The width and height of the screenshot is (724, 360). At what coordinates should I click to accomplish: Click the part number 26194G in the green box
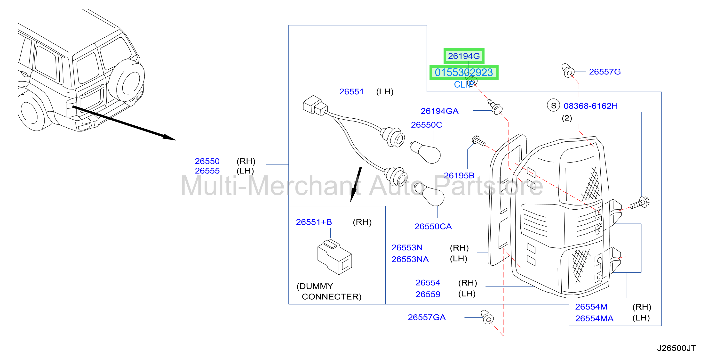(464, 56)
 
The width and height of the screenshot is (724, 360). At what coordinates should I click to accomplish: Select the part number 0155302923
(464, 73)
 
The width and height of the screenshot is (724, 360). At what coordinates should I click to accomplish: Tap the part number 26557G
(605, 72)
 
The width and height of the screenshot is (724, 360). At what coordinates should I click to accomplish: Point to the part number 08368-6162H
(590, 106)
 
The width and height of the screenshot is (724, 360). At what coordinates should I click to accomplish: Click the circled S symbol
(553, 106)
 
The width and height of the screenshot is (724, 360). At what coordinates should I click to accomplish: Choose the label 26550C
(426, 125)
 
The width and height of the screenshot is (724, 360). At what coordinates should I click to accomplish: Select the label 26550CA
(433, 226)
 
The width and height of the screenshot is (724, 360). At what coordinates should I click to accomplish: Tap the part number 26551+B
(314, 222)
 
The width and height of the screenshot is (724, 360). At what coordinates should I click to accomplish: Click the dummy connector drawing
(334, 257)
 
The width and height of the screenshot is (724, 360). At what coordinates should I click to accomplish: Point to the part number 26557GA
(427, 317)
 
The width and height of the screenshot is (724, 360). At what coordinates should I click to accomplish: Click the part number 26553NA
(410, 259)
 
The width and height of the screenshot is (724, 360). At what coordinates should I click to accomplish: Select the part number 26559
(428, 294)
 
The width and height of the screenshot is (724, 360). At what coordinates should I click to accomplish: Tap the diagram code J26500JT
(676, 348)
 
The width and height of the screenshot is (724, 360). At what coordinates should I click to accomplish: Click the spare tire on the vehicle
(127, 82)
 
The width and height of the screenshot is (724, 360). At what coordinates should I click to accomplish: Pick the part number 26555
(207, 171)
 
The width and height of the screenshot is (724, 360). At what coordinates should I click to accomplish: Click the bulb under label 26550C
(425, 152)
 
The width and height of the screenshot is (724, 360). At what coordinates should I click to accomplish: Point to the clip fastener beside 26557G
(568, 70)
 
